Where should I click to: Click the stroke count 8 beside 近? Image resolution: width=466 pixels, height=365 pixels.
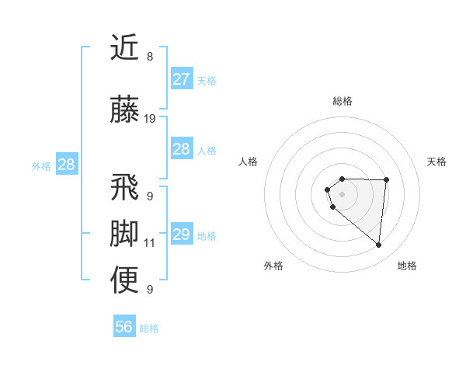150,57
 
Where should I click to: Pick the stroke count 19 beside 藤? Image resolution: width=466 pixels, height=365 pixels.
150,119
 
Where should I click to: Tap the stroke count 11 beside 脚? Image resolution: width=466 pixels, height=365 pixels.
150,243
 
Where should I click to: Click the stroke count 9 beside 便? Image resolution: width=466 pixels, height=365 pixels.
150,290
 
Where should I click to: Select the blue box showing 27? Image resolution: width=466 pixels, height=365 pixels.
181,79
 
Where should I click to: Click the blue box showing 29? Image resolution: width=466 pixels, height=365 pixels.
181,235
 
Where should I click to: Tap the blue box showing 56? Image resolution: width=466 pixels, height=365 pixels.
124,327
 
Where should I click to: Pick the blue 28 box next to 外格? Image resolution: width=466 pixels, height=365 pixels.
66,165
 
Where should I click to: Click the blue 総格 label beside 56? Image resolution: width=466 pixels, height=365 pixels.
149,328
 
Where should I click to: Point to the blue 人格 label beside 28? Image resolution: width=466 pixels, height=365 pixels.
207,150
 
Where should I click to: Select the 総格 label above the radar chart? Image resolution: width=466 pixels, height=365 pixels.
343,101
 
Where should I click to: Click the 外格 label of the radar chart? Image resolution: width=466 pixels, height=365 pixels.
273,266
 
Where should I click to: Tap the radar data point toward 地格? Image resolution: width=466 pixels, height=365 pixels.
379,245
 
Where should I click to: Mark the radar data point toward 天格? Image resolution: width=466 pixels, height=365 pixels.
387,180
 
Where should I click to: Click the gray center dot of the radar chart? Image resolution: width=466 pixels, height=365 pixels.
343,193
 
